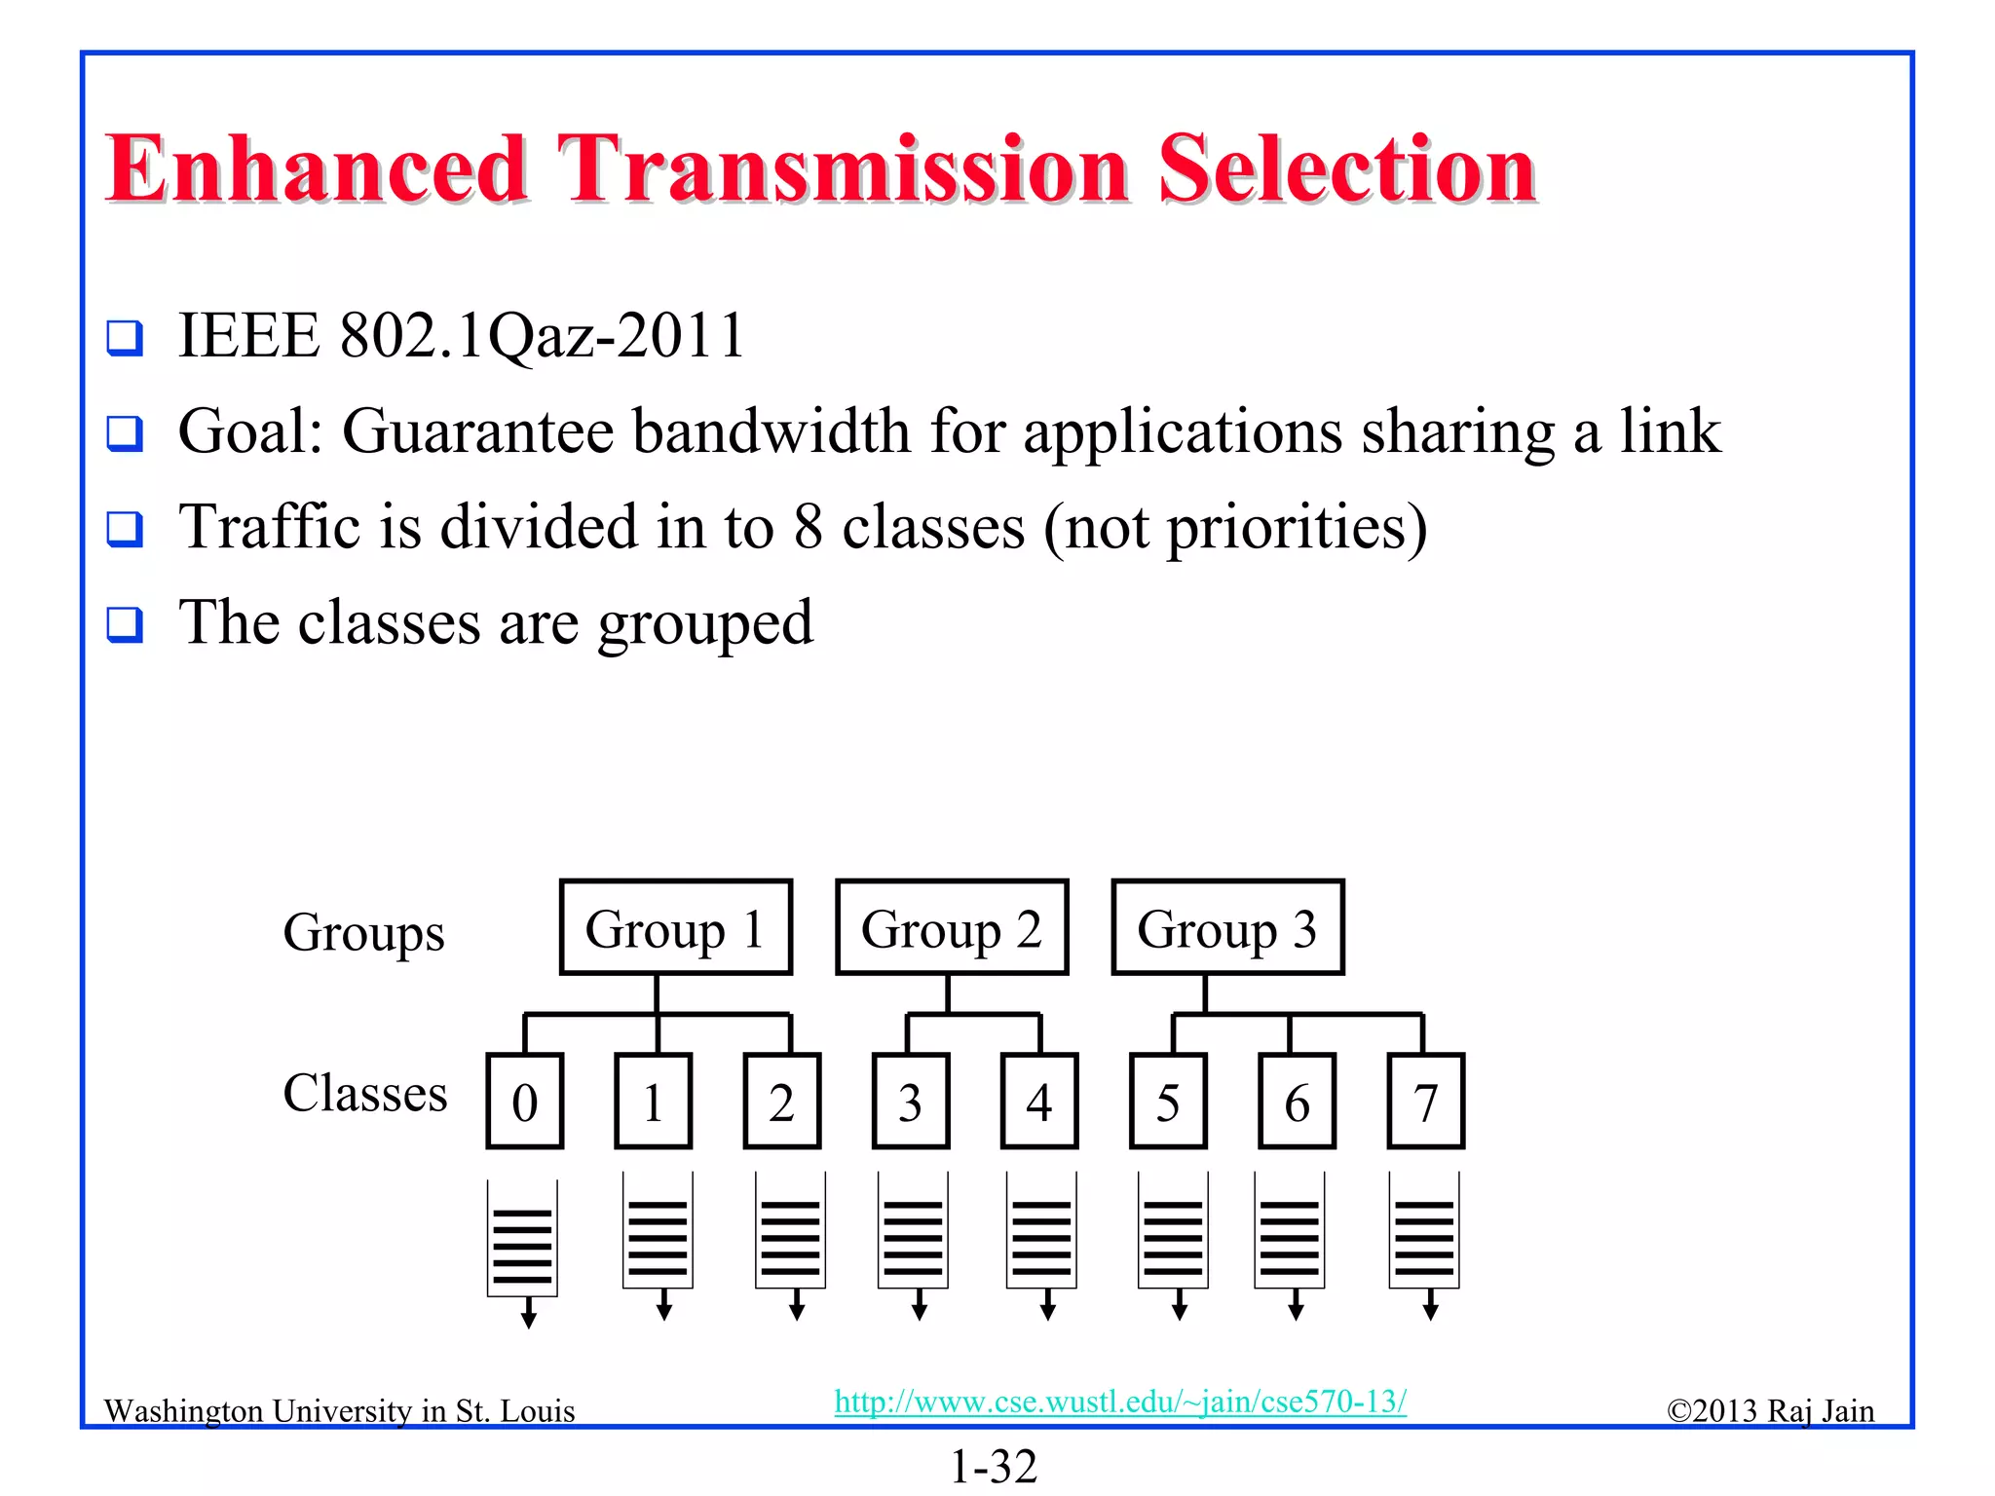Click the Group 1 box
click(x=675, y=927)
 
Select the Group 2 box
click(x=952, y=927)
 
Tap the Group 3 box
click(x=1227, y=927)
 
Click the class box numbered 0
click(x=525, y=1102)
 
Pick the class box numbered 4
click(x=1039, y=1102)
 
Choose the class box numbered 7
click(x=1425, y=1102)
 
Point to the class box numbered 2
click(x=781, y=1102)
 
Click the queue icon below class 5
click(x=1173, y=1233)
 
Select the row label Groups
click(x=363, y=933)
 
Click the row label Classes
click(x=364, y=1093)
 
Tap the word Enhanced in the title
click(x=318, y=169)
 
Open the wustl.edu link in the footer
click(x=1120, y=1402)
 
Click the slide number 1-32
click(x=994, y=1466)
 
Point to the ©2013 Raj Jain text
click(x=1770, y=1410)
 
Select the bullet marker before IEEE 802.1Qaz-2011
click(x=125, y=338)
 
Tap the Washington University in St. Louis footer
click(x=339, y=1410)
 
